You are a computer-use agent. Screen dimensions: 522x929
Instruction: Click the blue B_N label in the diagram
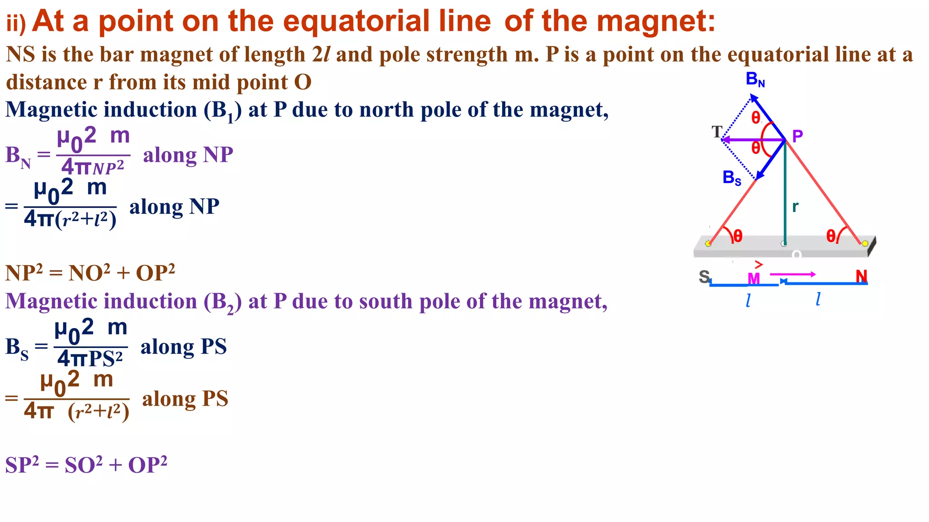click(755, 80)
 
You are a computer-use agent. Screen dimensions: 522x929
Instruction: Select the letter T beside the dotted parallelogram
click(717, 132)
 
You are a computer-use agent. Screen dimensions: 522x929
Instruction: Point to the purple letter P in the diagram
click(797, 135)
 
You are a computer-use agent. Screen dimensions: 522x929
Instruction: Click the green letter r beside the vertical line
click(795, 207)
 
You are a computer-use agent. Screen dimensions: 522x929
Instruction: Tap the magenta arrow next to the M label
click(792, 274)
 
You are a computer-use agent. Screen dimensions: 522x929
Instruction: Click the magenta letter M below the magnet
click(753, 278)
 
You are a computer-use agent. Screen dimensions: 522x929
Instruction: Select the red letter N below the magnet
click(861, 276)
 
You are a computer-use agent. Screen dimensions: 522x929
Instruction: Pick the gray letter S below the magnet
click(704, 276)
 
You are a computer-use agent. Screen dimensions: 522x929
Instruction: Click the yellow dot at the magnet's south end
click(709, 244)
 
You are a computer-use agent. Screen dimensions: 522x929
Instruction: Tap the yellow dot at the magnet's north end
click(865, 244)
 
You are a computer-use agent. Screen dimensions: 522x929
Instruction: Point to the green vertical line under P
click(784, 195)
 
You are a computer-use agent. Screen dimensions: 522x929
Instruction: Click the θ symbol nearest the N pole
click(831, 236)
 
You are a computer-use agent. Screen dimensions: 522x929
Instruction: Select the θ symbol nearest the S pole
click(738, 236)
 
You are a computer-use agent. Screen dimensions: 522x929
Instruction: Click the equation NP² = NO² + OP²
click(90, 273)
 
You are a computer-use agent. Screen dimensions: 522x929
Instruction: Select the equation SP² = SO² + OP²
click(86, 465)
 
